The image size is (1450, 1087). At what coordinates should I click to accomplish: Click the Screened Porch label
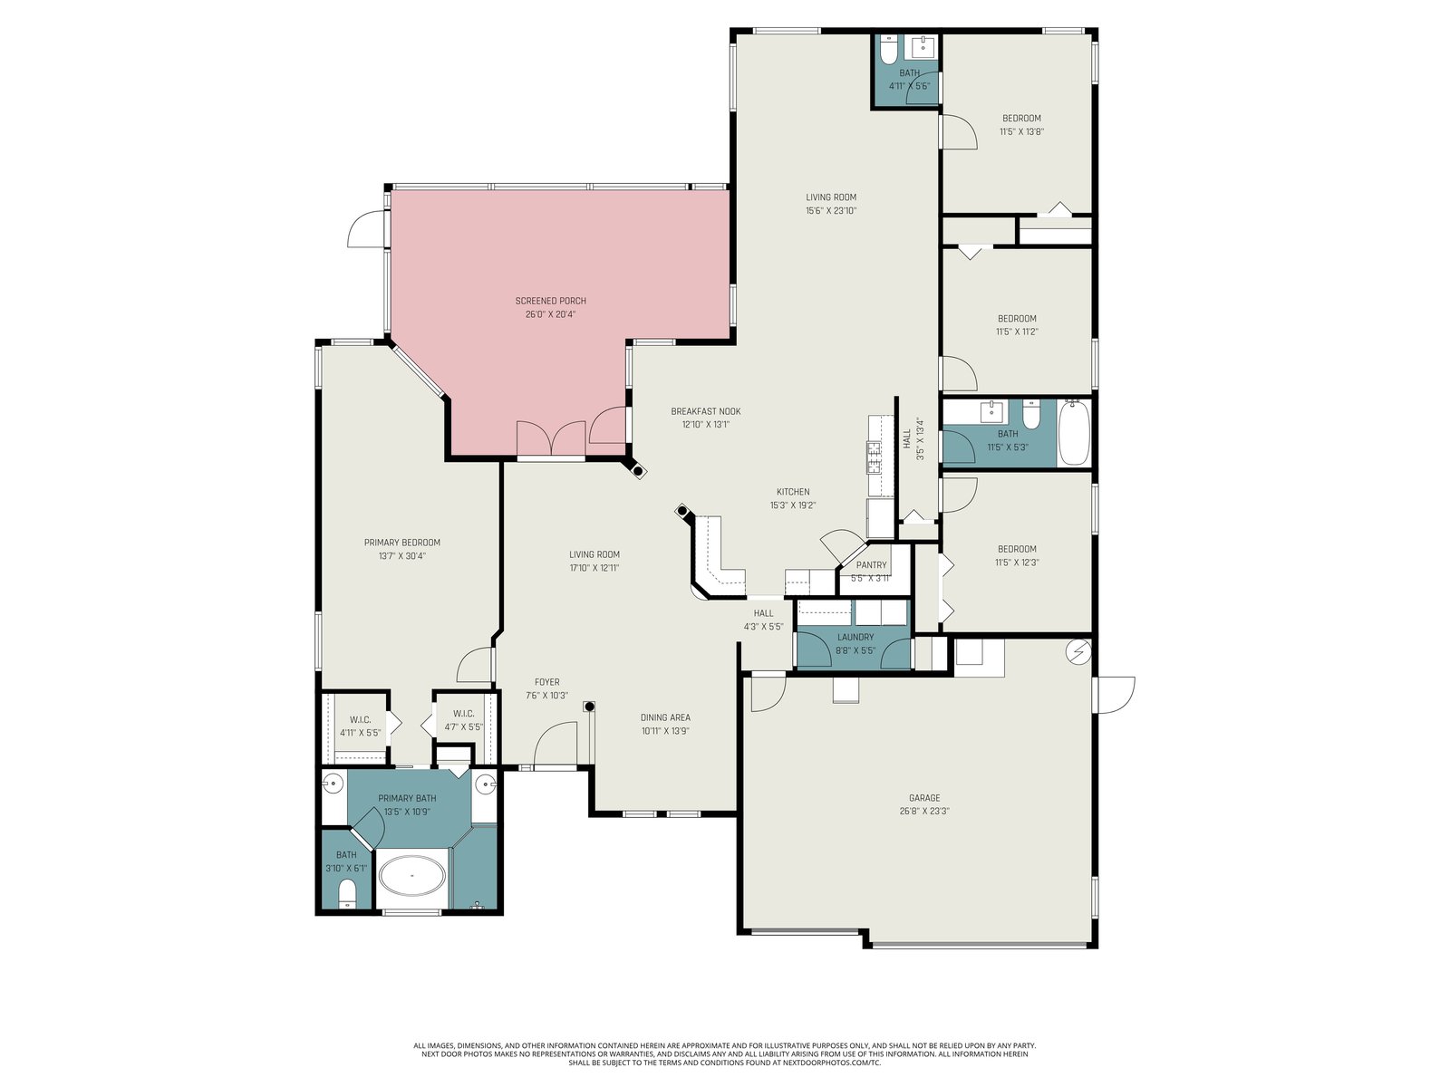(550, 301)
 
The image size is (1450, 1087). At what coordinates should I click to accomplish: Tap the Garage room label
(924, 798)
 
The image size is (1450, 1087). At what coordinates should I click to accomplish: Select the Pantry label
(871, 565)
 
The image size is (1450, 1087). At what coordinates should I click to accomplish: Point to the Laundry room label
(855, 637)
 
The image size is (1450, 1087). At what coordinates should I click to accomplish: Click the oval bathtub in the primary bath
(411, 875)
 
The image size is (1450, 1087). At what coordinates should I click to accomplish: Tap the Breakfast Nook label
(705, 411)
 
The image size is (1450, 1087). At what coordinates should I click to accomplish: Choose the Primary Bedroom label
(401, 543)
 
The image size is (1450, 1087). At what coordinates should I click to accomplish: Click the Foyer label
(547, 682)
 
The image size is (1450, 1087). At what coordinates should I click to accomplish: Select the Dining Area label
(665, 717)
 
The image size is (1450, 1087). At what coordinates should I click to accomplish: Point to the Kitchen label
(793, 492)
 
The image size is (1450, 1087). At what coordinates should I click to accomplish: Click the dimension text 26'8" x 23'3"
(924, 811)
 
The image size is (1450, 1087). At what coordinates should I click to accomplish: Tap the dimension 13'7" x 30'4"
(401, 555)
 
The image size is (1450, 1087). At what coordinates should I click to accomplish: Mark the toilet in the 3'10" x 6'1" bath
(347, 895)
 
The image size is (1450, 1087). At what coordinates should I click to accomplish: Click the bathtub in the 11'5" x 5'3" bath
(1074, 433)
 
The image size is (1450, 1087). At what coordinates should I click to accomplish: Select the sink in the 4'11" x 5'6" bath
(923, 47)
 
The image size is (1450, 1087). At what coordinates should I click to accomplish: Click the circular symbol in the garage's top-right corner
(1078, 653)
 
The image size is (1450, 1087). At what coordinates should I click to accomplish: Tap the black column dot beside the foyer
(589, 707)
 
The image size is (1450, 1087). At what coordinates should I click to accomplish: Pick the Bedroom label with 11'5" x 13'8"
(1021, 118)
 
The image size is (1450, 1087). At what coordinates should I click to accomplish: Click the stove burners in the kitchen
(874, 457)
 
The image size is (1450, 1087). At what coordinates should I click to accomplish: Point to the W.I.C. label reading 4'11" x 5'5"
(360, 719)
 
